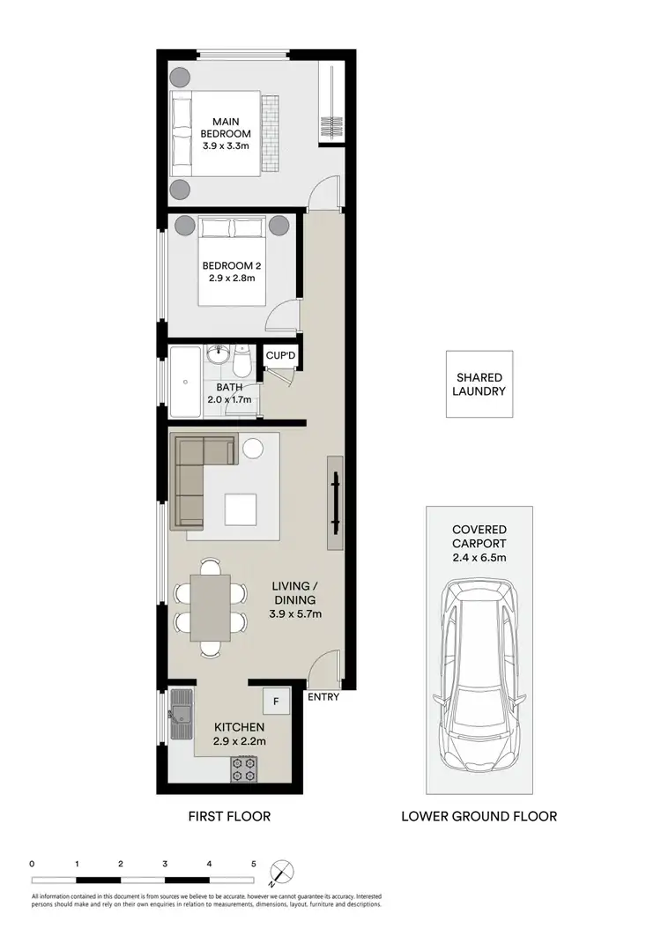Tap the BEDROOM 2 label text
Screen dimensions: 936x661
click(x=228, y=272)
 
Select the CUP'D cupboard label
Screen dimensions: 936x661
click(x=282, y=356)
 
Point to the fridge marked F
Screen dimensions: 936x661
click(x=276, y=702)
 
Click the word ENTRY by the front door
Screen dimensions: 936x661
click(x=323, y=697)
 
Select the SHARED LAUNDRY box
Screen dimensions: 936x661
click(x=479, y=384)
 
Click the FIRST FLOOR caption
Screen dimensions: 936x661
click(x=229, y=816)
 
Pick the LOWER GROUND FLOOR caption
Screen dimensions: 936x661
click(x=479, y=816)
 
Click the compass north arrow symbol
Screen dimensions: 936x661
click(x=282, y=872)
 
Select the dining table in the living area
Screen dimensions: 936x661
click(x=211, y=608)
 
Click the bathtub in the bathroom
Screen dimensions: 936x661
click(x=185, y=382)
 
